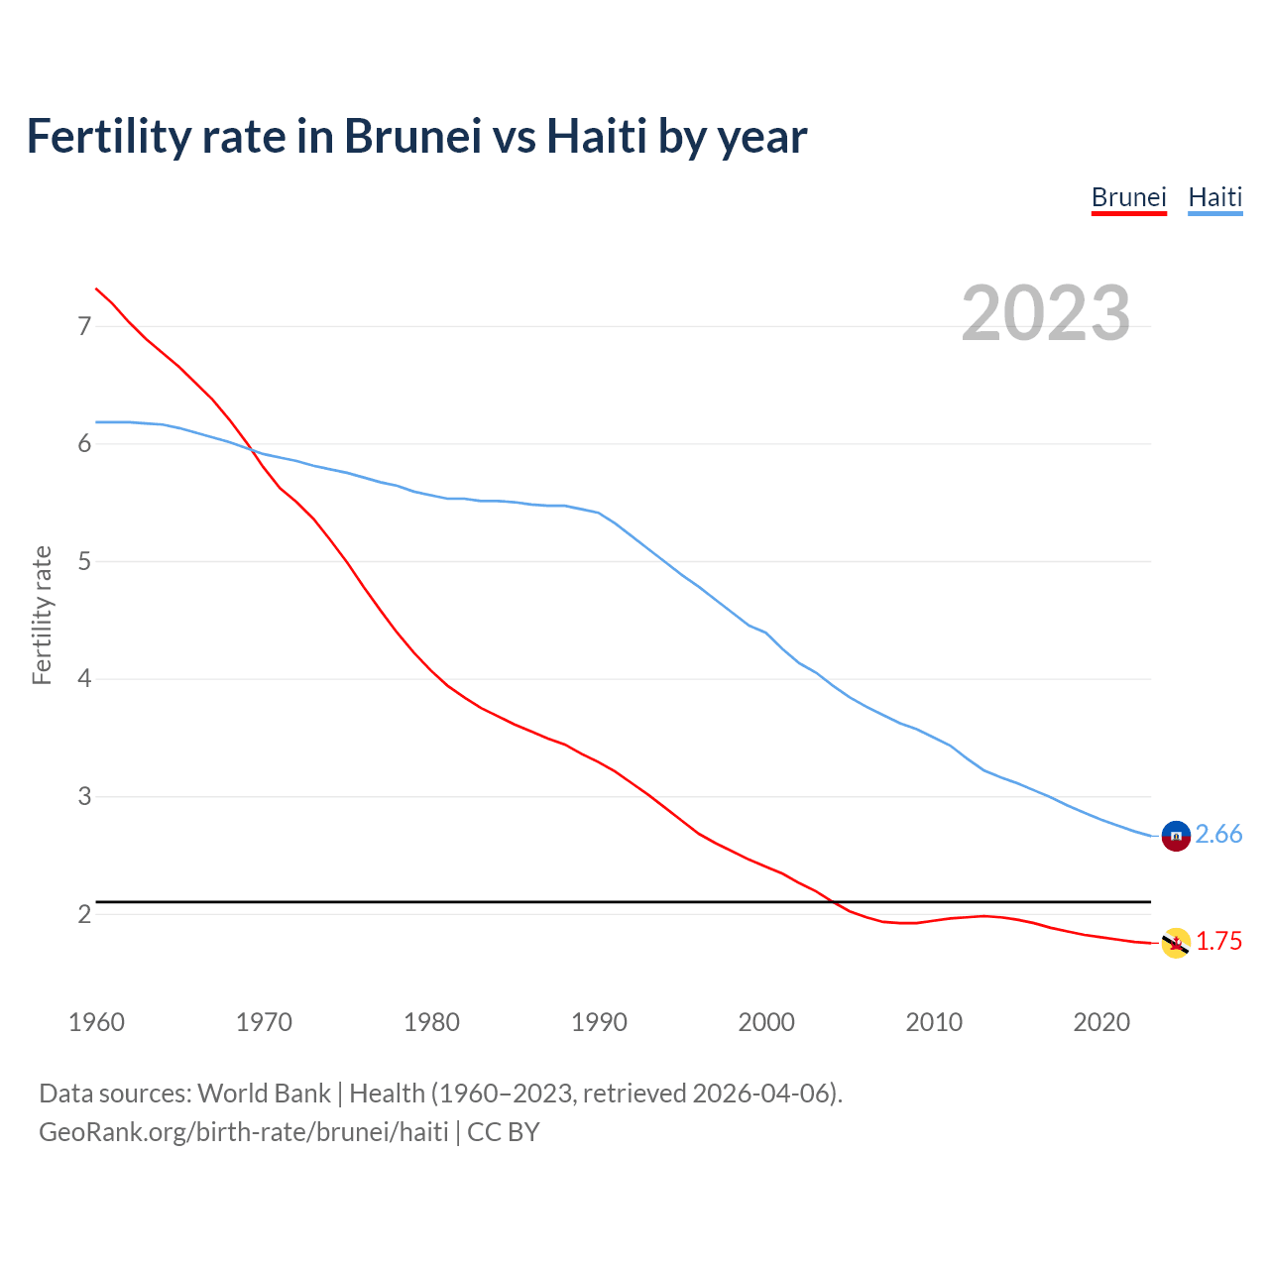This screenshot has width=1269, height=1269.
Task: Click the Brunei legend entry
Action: [1128, 197]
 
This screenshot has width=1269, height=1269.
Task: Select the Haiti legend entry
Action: [1214, 197]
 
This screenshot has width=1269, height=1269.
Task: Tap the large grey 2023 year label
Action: [1046, 313]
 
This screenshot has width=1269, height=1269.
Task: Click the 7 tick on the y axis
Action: [84, 326]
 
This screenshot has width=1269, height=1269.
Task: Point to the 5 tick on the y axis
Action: [84, 562]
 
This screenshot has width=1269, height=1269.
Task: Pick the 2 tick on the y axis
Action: [84, 914]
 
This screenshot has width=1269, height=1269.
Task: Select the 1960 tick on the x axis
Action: [96, 1022]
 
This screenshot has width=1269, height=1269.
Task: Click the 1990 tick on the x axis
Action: [599, 1022]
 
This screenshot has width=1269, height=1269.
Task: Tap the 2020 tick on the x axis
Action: [1101, 1022]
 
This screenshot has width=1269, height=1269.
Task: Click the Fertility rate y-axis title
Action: [42, 615]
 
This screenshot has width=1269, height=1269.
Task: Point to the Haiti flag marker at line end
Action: [1176, 836]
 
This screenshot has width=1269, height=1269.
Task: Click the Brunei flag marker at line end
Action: [1176, 943]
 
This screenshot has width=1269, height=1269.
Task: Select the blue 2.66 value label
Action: [1218, 835]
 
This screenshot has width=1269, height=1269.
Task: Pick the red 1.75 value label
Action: [1218, 942]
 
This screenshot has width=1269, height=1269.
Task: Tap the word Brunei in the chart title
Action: [412, 136]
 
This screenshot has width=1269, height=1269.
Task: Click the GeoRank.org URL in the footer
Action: [243, 1131]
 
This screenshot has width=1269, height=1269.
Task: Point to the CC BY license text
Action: [504, 1131]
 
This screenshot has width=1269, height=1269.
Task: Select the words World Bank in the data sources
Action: [264, 1094]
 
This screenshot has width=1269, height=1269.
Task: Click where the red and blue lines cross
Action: [252, 450]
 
